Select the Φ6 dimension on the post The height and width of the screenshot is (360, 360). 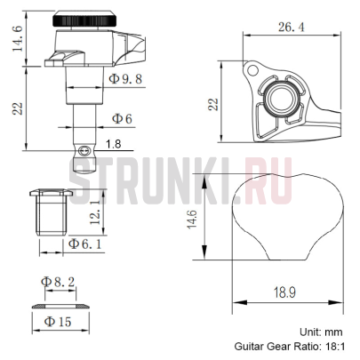122,117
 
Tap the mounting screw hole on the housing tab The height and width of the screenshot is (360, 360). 252,68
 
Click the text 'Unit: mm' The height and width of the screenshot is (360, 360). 328,331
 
